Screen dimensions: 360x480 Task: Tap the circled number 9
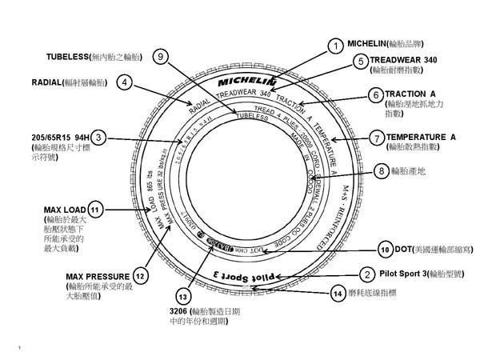pyautogui.click(x=161, y=57)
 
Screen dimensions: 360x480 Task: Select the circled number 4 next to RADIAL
pyautogui.click(x=123, y=82)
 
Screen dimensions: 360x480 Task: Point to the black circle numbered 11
pyautogui.click(x=96, y=210)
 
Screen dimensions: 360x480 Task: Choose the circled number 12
pyautogui.click(x=140, y=276)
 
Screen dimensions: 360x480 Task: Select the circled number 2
pyautogui.click(x=366, y=274)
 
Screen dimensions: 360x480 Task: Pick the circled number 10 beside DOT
pyautogui.click(x=384, y=250)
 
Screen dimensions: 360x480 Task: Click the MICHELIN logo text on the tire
pyautogui.click(x=245, y=82)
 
